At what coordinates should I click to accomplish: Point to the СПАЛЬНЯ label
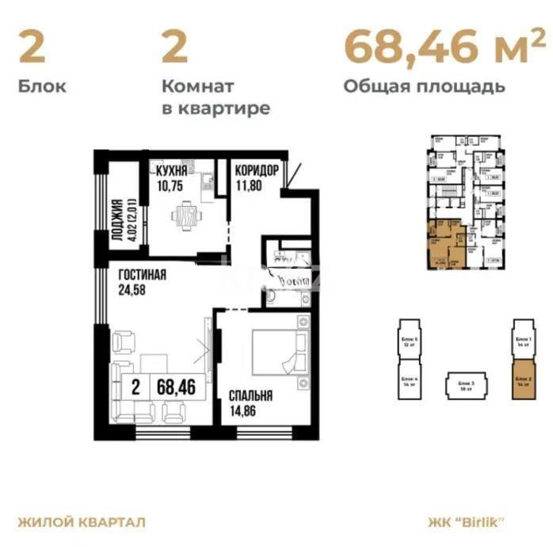coord(251,396)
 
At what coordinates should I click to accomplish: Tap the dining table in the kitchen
coord(185,215)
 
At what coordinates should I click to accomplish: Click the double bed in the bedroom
coord(276,351)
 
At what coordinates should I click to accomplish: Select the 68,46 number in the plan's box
coord(176,388)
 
